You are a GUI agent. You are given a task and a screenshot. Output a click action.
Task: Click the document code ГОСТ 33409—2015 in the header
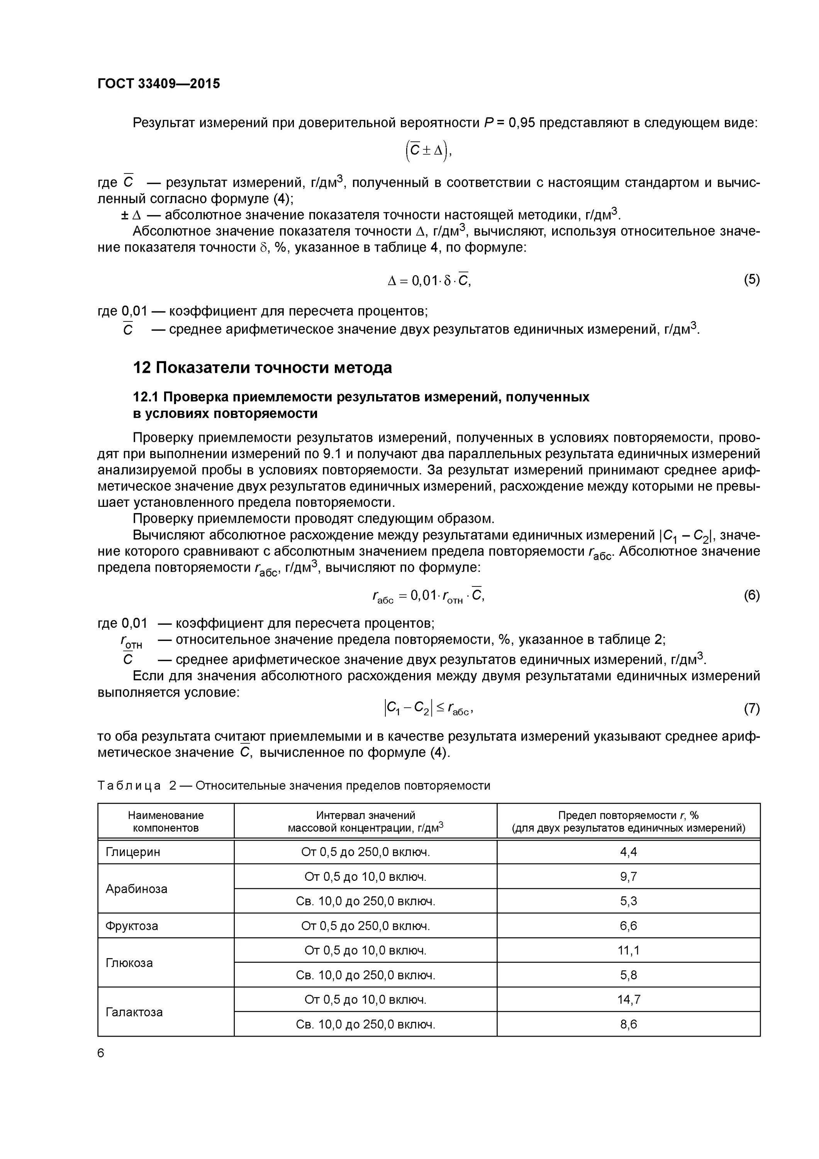coord(158,84)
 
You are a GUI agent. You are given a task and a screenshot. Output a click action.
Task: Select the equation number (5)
coord(751,279)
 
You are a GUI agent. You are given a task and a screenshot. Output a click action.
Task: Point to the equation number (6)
coord(751,596)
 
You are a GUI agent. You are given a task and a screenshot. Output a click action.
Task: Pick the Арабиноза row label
coord(136,889)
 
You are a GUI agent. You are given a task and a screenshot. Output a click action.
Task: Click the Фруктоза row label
coord(132,926)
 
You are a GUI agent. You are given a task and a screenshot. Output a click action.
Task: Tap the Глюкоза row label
coord(129,963)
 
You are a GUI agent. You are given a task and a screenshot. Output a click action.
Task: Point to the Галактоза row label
coord(134,1012)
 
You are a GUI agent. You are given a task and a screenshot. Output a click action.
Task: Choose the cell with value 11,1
coord(628,950)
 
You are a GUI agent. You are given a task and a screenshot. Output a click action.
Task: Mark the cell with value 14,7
coord(628,999)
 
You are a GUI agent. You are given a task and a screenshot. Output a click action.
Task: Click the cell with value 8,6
coord(628,1024)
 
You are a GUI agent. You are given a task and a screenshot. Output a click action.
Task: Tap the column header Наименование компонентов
coord(166,821)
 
